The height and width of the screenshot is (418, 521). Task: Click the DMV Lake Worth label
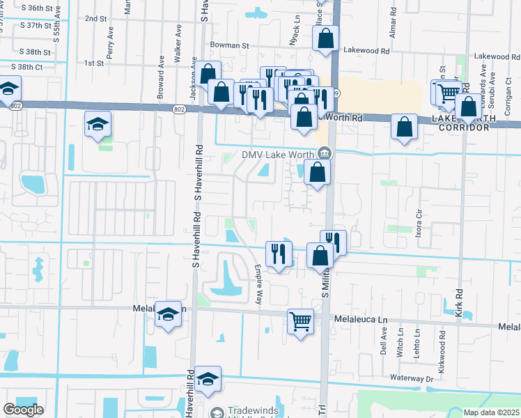pos(279,155)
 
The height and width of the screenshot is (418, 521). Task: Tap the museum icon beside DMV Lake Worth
pos(324,154)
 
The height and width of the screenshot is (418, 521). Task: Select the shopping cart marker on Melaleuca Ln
pos(300,321)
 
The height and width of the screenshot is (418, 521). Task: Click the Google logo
pos(23,410)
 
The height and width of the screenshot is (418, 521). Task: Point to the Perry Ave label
pos(110,43)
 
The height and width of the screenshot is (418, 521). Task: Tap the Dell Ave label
pos(384,343)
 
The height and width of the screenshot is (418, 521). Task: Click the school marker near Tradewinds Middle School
pos(208,379)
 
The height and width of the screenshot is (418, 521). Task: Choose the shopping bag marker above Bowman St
pos(325,39)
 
